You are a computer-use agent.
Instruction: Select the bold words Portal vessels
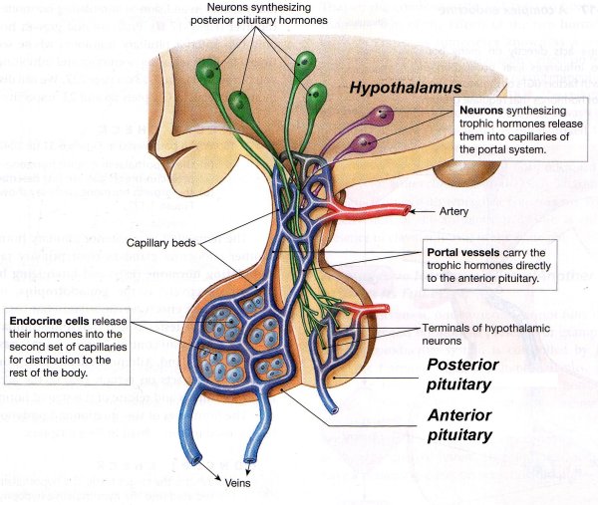pyautogui.click(x=458, y=253)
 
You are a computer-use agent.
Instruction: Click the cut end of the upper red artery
pyautogui.click(x=408, y=210)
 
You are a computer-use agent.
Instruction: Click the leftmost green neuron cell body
pyautogui.click(x=208, y=72)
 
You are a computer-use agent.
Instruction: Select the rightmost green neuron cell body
pyautogui.click(x=318, y=97)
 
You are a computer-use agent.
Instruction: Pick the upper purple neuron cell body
pyautogui.click(x=375, y=118)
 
